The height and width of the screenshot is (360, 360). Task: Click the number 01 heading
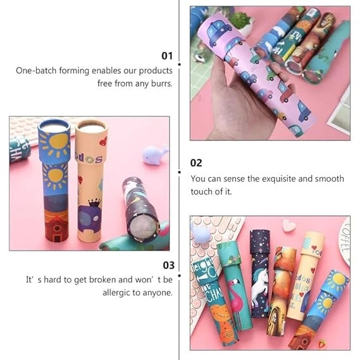click(166, 56)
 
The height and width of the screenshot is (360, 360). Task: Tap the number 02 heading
click(196, 163)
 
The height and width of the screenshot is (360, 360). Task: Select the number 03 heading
click(167, 265)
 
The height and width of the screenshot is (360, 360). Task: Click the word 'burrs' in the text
click(161, 83)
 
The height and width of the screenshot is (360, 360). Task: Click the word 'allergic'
click(118, 293)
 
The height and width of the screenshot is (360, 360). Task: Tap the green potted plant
click(240, 22)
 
